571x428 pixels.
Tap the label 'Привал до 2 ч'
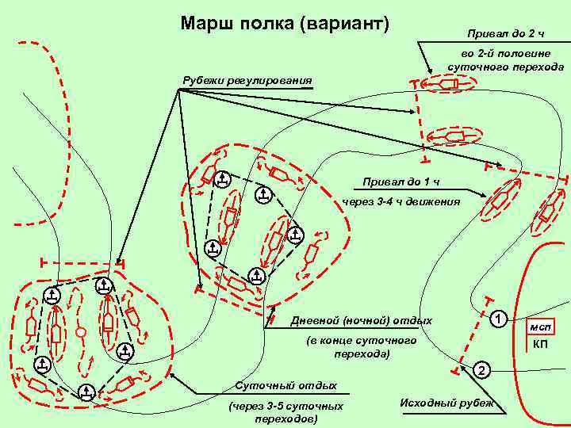510,34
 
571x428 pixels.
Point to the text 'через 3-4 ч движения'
400,202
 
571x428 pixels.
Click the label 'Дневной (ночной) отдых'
362,320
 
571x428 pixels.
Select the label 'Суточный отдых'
286,386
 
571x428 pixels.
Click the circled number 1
498,319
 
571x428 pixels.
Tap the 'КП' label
542,344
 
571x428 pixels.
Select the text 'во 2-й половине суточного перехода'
505,61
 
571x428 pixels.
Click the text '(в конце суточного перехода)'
362,347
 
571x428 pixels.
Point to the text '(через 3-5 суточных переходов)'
285,412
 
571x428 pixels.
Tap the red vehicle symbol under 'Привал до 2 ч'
446,83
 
